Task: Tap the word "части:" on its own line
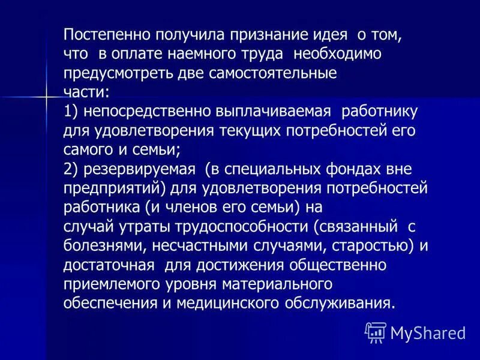pyautogui.click(x=86, y=92)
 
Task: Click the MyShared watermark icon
pyautogui.click(x=376, y=331)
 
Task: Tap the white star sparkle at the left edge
pyautogui.click(x=46, y=95)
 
